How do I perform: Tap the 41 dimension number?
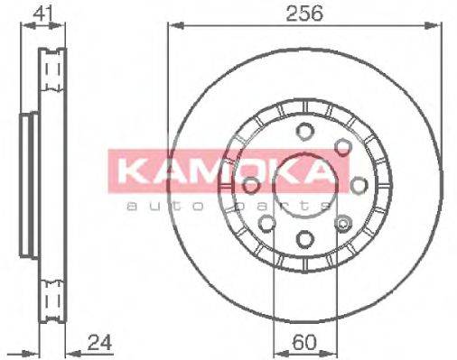pos(40,14)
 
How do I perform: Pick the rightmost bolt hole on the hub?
pos(359,184)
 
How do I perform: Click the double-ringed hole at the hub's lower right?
pos(342,222)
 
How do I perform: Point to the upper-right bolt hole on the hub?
pos(343,145)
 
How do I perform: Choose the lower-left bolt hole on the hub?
pos(266,222)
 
